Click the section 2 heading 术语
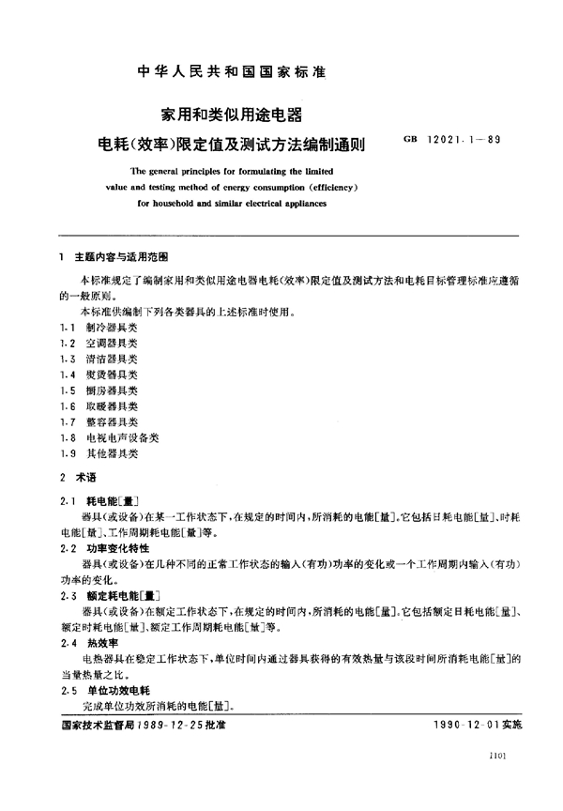pos(84,477)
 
